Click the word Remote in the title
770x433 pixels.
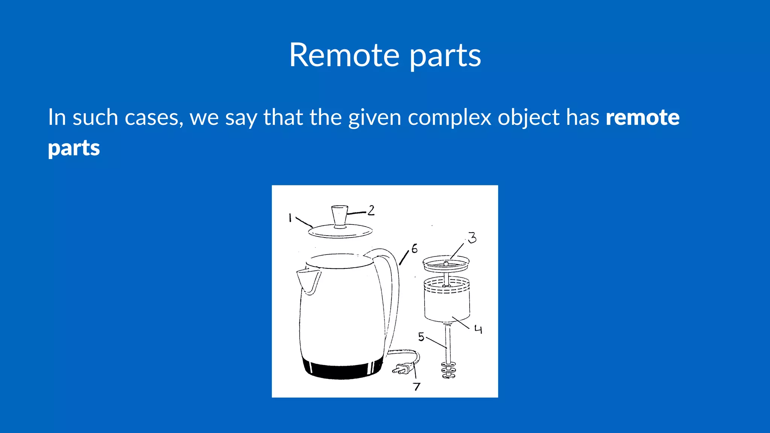click(344, 55)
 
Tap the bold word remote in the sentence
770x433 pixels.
click(642, 117)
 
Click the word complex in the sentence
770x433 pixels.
click(449, 118)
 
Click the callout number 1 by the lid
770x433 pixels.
click(290, 218)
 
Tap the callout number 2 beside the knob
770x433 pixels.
click(371, 210)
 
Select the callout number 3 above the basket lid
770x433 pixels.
click(472, 238)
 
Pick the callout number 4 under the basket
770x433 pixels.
click(478, 330)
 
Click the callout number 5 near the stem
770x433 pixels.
click(421, 337)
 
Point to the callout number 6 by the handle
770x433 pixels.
click(414, 248)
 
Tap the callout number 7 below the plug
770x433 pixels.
click(417, 386)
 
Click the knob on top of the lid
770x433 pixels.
click(340, 216)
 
